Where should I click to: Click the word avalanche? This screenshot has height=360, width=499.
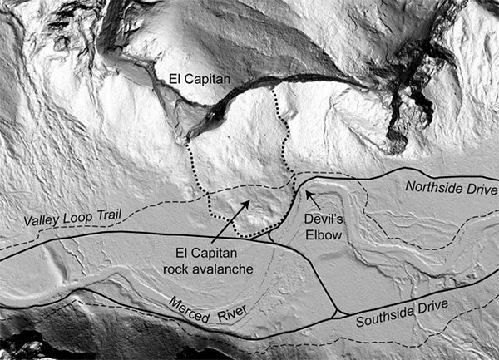[212, 269]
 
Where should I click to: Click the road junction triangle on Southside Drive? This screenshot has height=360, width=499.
[337, 313]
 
